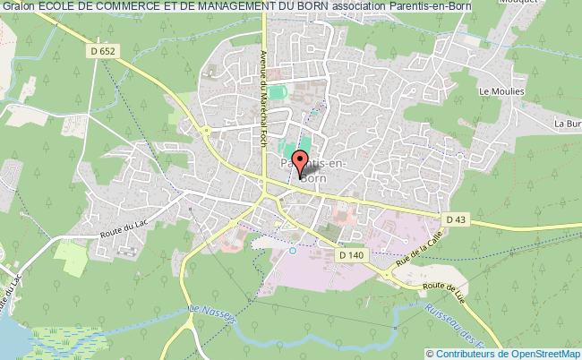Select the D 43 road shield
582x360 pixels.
click(x=457, y=219)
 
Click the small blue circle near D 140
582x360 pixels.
click(x=293, y=251)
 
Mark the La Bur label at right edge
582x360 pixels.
click(x=568, y=123)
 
